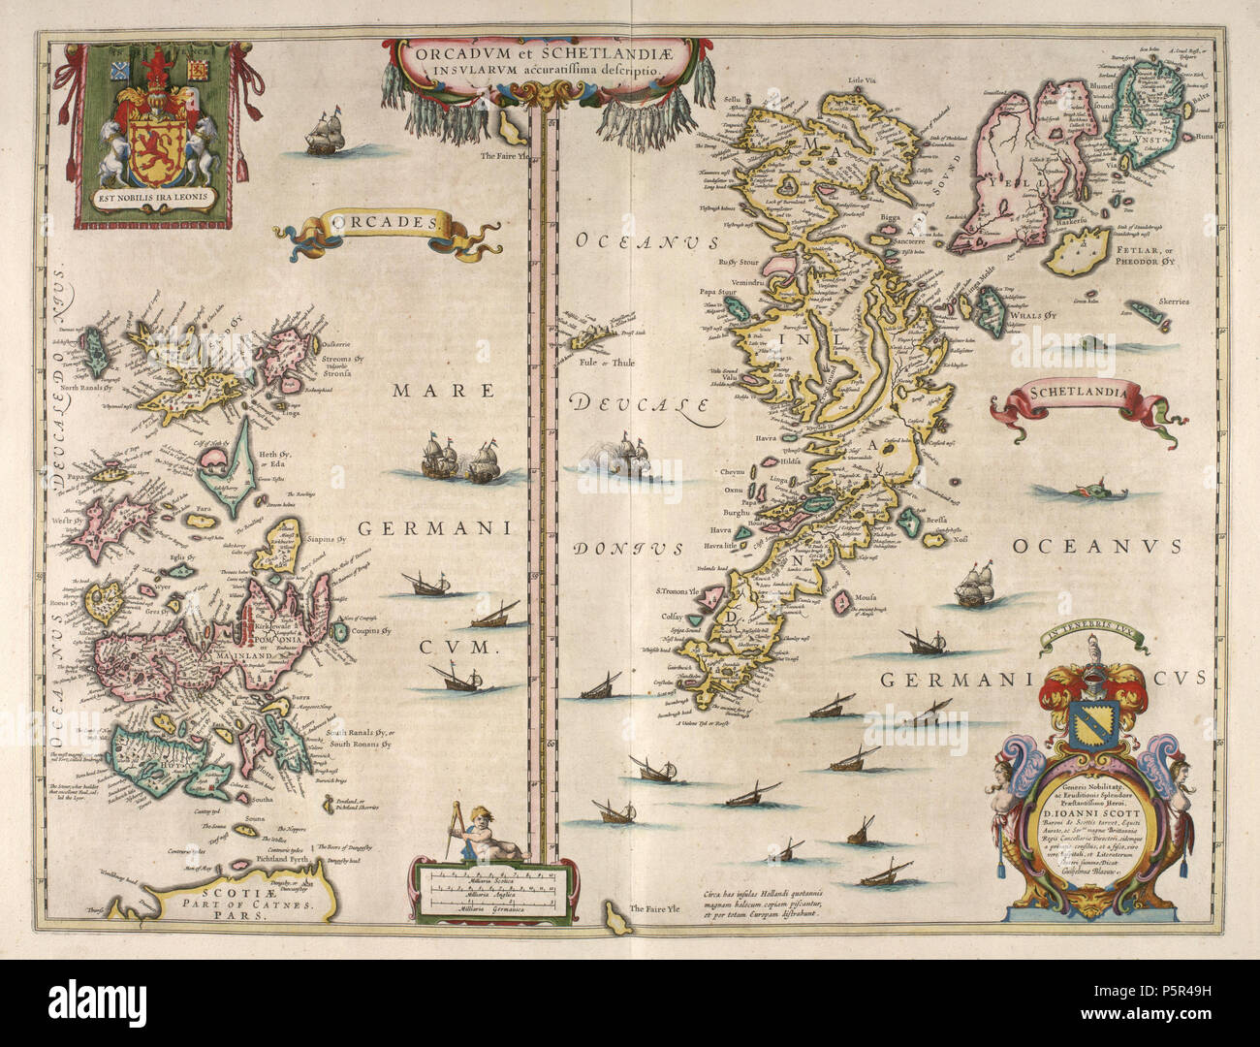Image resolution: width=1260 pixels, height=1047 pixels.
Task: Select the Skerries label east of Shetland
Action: pos(1171,302)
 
